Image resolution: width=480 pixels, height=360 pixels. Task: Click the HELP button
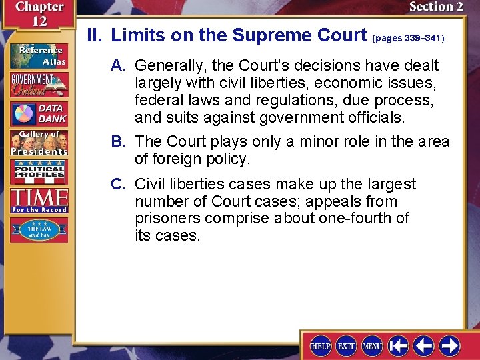tap(321, 345)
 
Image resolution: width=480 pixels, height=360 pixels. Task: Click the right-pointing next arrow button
tap(449, 345)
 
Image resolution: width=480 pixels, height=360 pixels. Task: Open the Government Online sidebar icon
tap(39, 85)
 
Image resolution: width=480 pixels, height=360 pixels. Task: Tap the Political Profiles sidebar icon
tap(39, 172)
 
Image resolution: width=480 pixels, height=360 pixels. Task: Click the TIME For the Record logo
tap(39, 200)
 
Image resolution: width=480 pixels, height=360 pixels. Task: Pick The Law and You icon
tap(39, 229)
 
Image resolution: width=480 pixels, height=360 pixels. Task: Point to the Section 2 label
tap(436, 7)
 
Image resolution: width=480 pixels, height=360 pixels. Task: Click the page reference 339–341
tap(408, 39)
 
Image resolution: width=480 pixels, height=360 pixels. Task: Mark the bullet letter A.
tap(119, 65)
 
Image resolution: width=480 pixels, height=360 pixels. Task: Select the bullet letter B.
tap(119, 142)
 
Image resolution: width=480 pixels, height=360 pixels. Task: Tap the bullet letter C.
tap(119, 184)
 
